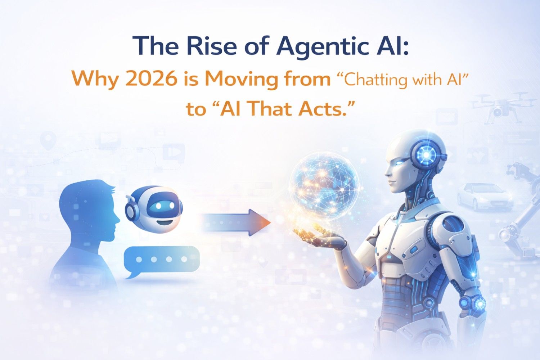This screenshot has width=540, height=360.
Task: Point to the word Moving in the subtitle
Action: pyautogui.click(x=242, y=79)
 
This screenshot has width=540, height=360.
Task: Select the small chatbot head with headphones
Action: pyautogui.click(x=154, y=208)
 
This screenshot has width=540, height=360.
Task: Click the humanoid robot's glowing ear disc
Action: pyautogui.click(x=426, y=154)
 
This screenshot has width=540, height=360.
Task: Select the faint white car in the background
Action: pyautogui.click(x=485, y=196)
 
